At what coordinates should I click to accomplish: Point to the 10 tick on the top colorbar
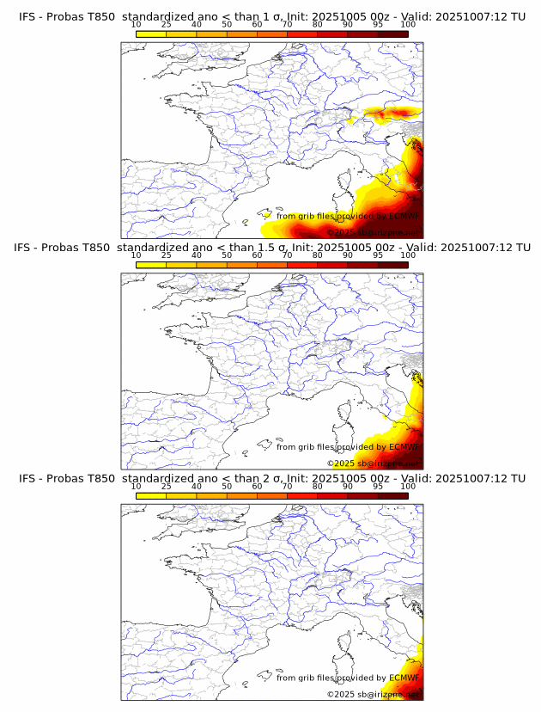(x=137, y=25)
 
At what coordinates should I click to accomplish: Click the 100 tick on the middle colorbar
(x=408, y=255)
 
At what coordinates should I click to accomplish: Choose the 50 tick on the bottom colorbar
(x=227, y=486)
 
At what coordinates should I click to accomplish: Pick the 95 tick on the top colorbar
(x=378, y=25)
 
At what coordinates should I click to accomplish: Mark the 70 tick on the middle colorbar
(x=287, y=255)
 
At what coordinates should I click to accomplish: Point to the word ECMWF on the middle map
(x=404, y=447)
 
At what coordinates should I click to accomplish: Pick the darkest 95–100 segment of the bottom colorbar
(x=392, y=496)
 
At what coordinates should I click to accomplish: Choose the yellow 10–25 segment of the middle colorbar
(x=151, y=265)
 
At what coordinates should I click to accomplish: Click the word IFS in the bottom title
(x=28, y=478)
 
